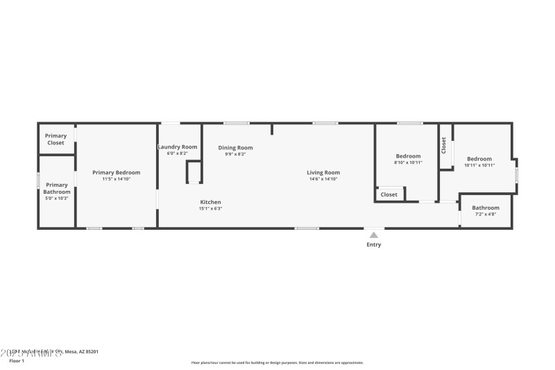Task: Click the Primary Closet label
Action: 55,139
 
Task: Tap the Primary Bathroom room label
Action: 57,188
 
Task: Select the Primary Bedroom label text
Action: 117,172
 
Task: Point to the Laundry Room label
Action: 178,147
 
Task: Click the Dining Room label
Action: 235,147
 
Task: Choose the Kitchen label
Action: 210,202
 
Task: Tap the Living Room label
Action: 323,172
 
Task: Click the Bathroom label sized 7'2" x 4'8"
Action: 486,208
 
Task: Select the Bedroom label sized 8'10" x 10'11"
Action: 408,156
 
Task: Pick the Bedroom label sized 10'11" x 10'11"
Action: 479,159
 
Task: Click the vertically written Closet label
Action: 444,144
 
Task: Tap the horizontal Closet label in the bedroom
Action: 389,194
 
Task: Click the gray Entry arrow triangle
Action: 373,235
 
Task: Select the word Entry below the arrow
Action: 373,244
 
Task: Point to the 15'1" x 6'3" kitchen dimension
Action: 210,208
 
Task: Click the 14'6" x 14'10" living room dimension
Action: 323,179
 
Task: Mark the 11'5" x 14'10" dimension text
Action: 117,179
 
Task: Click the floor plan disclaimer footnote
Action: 277,362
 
